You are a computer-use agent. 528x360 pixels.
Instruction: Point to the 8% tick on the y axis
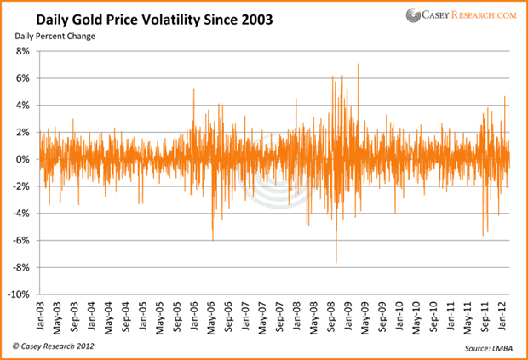[24, 51]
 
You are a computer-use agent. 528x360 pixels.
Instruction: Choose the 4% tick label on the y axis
[24, 106]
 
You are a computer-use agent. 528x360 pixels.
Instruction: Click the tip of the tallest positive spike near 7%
[359, 64]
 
